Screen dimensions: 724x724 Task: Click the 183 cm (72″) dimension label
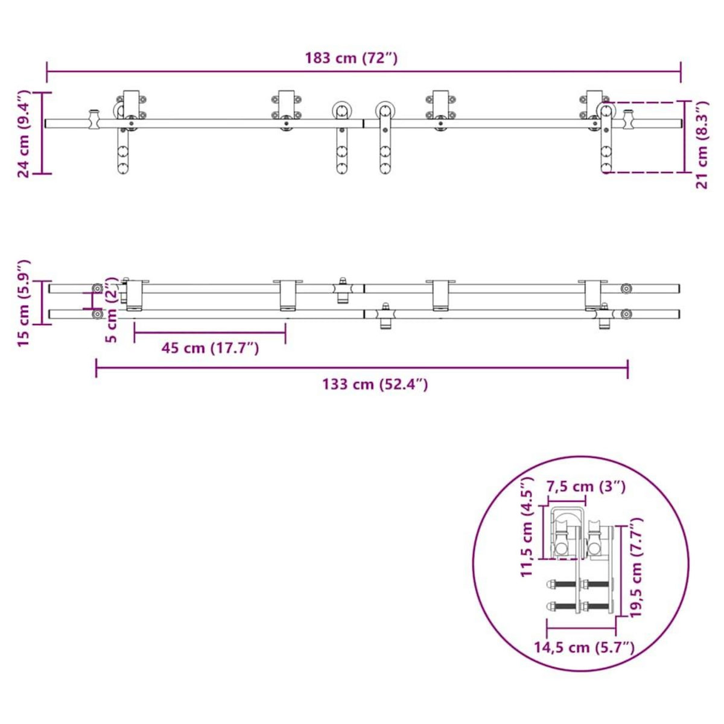click(351, 59)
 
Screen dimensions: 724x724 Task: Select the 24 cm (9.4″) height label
click(23, 134)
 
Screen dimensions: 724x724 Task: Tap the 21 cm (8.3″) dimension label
click(702, 145)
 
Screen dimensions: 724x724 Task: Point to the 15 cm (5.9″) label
click(23, 303)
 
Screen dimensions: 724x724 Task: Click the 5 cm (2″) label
click(111, 310)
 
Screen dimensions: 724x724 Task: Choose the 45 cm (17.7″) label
click(210, 348)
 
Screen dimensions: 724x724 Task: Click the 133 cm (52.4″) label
click(375, 384)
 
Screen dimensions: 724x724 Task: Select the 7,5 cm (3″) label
click(585, 486)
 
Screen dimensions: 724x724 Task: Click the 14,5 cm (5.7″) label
click(585, 648)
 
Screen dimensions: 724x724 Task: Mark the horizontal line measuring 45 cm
click(210, 331)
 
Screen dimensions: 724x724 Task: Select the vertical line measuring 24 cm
click(42, 133)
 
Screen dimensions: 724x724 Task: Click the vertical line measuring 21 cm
click(685, 136)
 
